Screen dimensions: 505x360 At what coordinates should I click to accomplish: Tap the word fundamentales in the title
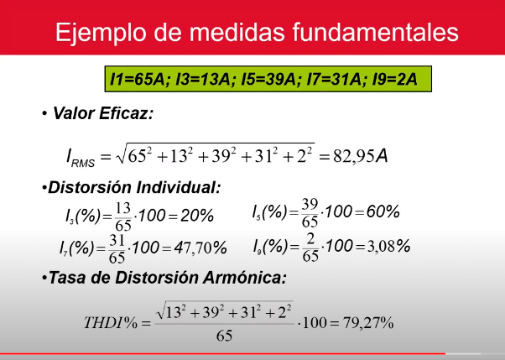[x=376, y=32]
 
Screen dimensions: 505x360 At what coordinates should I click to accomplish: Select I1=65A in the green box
[x=138, y=79]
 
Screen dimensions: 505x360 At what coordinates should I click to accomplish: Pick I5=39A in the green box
[x=268, y=79]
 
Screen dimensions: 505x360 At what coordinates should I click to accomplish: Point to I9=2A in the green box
[x=394, y=79]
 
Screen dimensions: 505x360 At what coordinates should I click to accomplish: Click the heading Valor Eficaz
[x=102, y=113]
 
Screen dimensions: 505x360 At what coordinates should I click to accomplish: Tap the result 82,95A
[x=361, y=157]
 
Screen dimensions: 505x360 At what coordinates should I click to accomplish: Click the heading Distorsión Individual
[x=134, y=187]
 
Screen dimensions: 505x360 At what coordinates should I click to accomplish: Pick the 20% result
[x=197, y=216]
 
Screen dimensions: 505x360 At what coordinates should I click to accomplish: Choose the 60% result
[x=383, y=211]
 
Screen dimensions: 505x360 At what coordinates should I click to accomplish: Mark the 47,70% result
[x=200, y=248]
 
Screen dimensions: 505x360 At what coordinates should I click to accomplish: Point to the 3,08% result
[x=388, y=247]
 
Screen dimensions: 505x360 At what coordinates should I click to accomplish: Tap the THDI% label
[x=111, y=322]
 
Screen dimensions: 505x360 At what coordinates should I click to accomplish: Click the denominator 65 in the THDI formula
[x=224, y=336]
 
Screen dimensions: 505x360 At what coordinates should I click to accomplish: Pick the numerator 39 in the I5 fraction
[x=310, y=204]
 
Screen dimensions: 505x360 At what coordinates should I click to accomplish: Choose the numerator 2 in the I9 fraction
[x=310, y=239]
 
